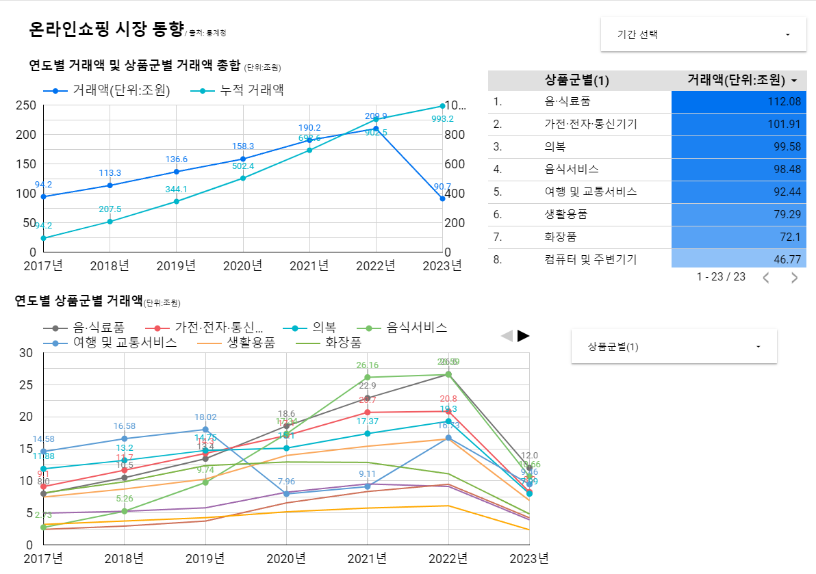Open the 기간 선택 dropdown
(703, 34)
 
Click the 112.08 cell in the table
(739, 102)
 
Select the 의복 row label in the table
(555, 147)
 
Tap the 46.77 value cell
(739, 259)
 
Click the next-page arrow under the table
(794, 278)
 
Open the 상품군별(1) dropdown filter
(674, 347)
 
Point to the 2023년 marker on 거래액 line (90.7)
(443, 198)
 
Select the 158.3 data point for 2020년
(243, 159)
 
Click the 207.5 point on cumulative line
(110, 221)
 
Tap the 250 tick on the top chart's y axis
(26, 105)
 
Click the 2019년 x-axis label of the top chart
(176, 265)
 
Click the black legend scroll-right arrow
(524, 335)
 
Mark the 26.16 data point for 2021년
(368, 377)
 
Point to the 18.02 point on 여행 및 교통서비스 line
(206, 430)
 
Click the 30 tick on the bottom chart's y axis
(26, 353)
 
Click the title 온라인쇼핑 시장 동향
(106, 29)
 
